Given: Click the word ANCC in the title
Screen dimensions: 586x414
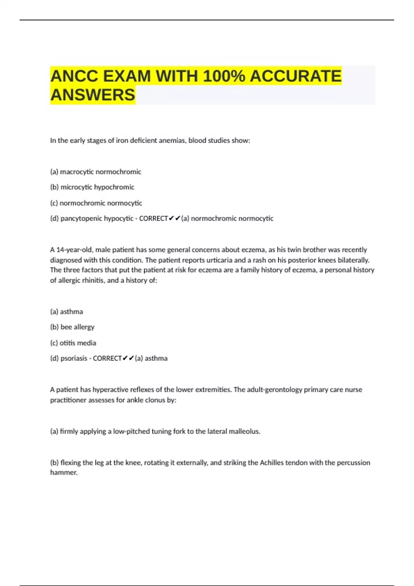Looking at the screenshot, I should [74, 76].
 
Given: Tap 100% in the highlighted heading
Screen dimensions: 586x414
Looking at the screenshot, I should [224, 76].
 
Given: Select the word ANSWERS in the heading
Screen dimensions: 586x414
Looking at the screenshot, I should [93, 95].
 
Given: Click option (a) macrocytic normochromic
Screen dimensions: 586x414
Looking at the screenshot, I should [96, 172].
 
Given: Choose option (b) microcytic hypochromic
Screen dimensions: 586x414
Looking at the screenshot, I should [92, 187].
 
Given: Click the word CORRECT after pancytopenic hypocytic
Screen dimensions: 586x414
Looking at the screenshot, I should [154, 219].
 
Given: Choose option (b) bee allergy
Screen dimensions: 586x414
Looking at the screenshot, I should [72, 327].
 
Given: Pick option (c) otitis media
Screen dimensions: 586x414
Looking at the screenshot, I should [73, 343].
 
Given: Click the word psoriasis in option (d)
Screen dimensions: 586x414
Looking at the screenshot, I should [73, 358].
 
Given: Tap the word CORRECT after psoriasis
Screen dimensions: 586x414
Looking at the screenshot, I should [107, 358].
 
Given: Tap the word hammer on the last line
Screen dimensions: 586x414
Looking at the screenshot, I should [63, 473].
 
